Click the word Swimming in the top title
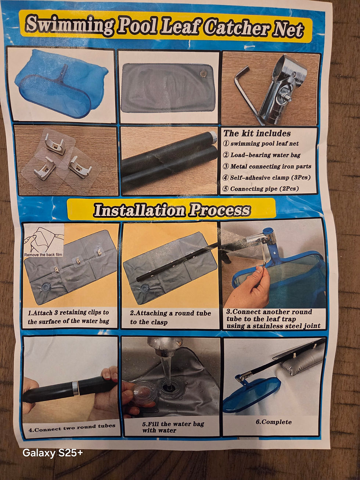[69, 26]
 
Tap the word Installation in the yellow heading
[139, 210]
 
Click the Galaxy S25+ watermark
[53, 453]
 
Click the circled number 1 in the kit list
[226, 144]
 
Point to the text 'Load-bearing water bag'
[265, 155]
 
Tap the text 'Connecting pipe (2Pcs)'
[264, 188]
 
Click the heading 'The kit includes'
[257, 133]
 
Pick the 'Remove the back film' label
[43, 255]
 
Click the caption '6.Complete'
[274, 422]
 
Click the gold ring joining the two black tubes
[75, 388]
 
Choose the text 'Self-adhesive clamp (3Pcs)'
[270, 177]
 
